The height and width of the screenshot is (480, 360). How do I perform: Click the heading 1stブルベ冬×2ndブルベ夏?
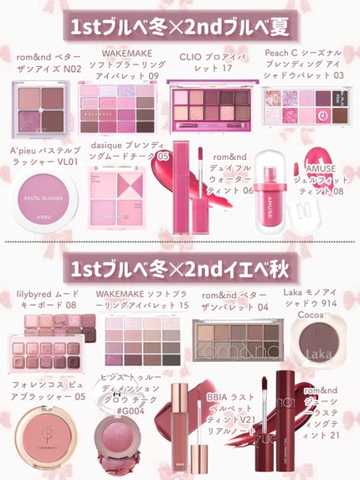coord(180,26)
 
